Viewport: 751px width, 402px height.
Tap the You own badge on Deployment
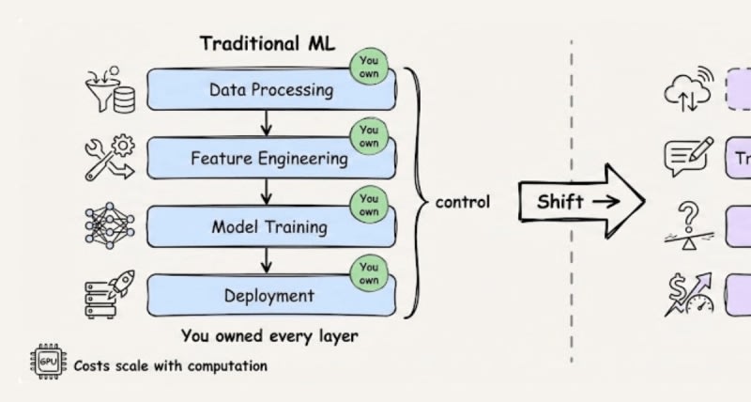click(x=369, y=273)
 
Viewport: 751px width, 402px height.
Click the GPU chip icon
click(x=47, y=364)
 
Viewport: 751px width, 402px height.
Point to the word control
click(x=462, y=202)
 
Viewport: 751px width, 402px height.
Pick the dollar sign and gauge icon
click(x=692, y=293)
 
